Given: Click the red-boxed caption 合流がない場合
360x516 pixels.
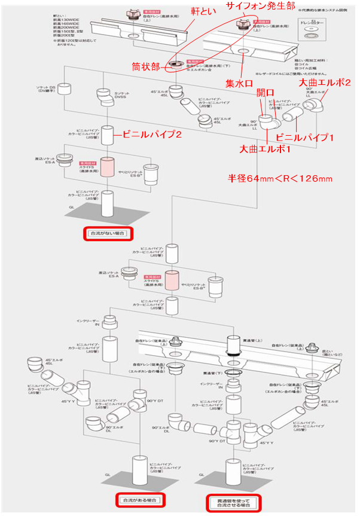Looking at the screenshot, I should (x=106, y=233).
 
